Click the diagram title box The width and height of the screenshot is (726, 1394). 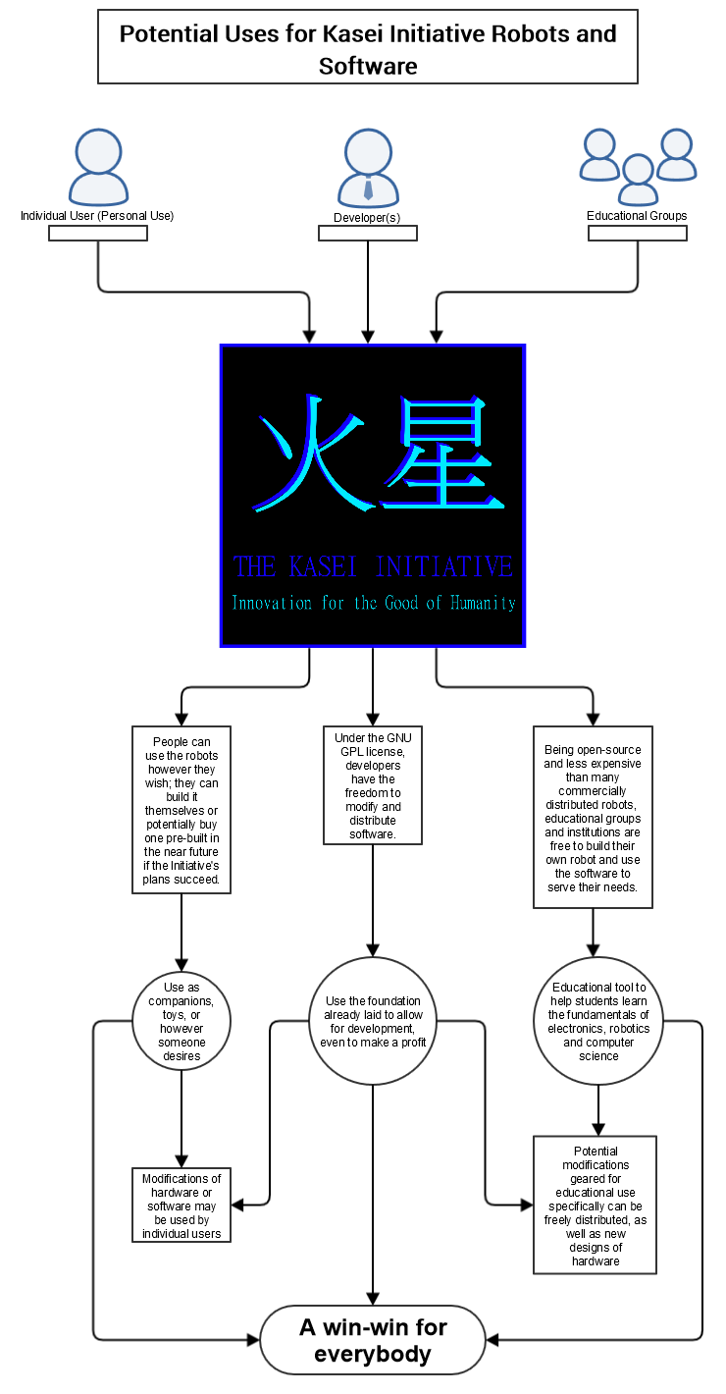[x=368, y=47]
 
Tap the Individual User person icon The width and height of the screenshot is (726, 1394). [x=98, y=168]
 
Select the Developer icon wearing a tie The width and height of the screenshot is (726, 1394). [x=368, y=168]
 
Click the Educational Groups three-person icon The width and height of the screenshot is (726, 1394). [x=638, y=167]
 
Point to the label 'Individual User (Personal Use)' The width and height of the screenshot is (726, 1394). [x=97, y=216]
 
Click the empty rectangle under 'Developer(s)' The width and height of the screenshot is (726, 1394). [x=368, y=234]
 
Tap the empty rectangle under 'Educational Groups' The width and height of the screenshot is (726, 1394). [x=638, y=234]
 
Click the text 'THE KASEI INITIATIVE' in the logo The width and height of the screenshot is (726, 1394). [x=373, y=567]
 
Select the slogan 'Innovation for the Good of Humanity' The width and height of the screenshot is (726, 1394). [x=373, y=603]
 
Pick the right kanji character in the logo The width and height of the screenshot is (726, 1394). [x=442, y=454]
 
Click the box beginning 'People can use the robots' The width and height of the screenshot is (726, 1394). [x=181, y=810]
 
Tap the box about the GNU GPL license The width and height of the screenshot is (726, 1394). [x=373, y=785]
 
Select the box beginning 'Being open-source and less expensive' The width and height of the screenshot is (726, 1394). [x=593, y=817]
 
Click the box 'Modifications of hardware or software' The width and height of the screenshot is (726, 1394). [x=181, y=1206]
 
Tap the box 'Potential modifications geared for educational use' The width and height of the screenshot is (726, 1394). [x=596, y=1206]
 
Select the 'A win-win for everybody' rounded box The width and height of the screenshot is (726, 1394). [x=373, y=1340]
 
